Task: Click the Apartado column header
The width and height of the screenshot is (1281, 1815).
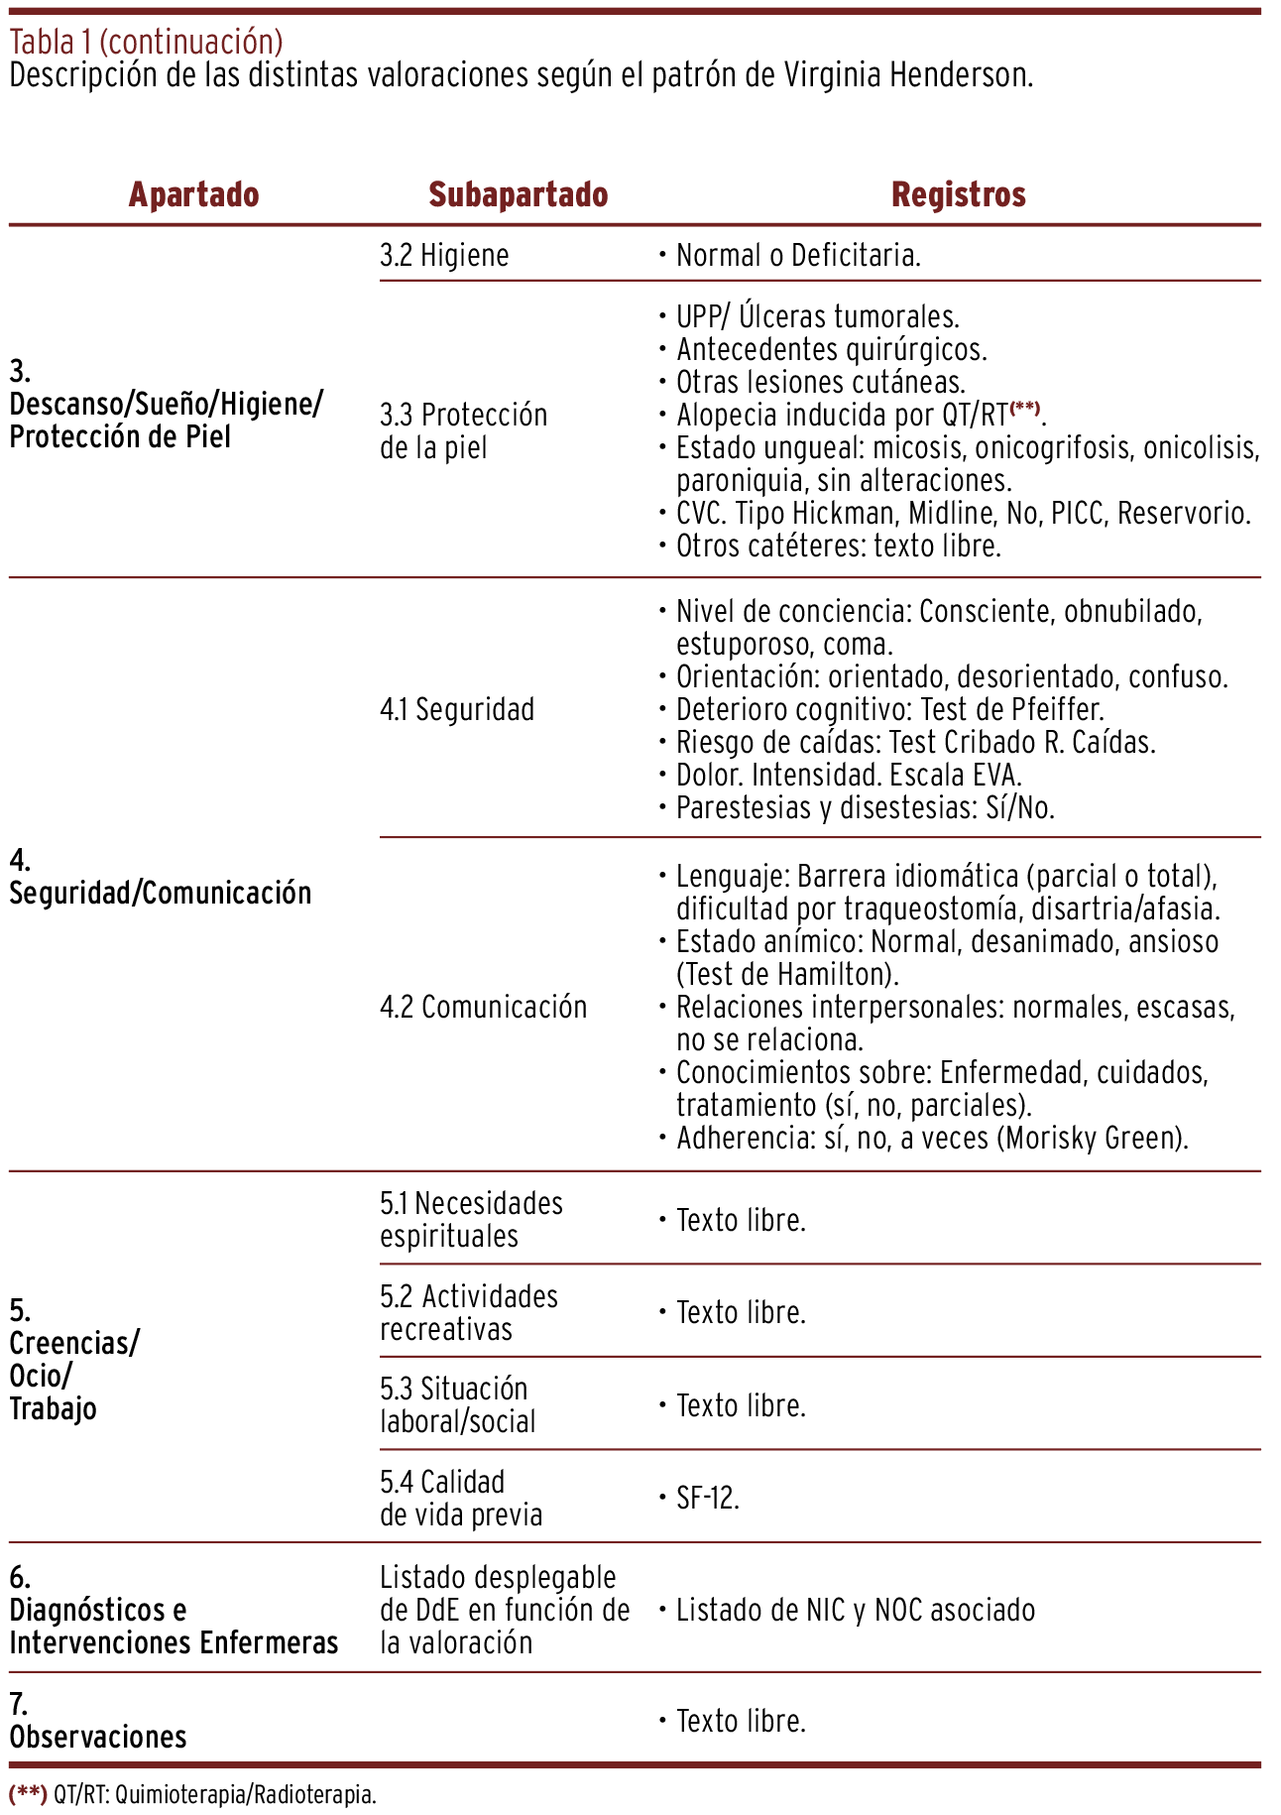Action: (193, 194)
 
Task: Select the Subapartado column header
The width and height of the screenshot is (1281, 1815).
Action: (518, 194)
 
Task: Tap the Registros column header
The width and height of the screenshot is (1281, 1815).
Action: (958, 194)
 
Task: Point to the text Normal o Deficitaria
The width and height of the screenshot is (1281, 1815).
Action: (798, 256)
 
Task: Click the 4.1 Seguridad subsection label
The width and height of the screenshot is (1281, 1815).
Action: (457, 709)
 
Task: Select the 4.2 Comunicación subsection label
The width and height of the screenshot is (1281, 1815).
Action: (484, 1007)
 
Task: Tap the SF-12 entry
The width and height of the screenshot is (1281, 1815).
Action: (708, 1497)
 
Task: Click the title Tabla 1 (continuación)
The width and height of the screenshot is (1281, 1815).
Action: (147, 42)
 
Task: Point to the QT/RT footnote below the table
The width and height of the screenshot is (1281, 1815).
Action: (193, 1793)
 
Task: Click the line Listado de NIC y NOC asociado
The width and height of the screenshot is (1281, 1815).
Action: (855, 1609)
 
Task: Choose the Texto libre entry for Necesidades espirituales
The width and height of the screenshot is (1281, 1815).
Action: (741, 1220)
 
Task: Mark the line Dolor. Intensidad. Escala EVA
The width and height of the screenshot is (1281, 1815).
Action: (849, 775)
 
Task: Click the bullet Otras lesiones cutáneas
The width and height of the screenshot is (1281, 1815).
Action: (820, 382)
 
